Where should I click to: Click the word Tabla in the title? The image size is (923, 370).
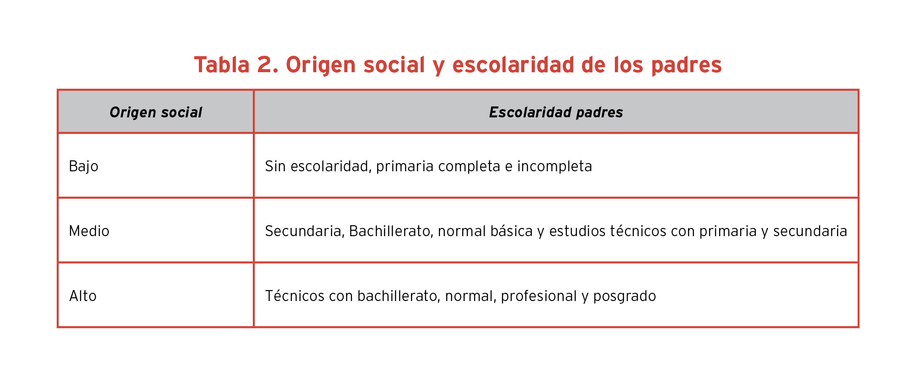222,64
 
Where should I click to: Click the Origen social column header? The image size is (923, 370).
156,112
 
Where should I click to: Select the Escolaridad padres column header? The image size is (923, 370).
556,112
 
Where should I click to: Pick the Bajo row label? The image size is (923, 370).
84,166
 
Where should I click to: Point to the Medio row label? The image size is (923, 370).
89,231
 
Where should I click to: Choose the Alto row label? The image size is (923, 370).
83,296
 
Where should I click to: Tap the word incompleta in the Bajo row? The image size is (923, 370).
555,167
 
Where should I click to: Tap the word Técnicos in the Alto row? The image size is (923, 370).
295,296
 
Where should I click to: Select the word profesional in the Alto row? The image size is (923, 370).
539,296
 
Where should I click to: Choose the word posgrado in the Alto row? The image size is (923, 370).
624,296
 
